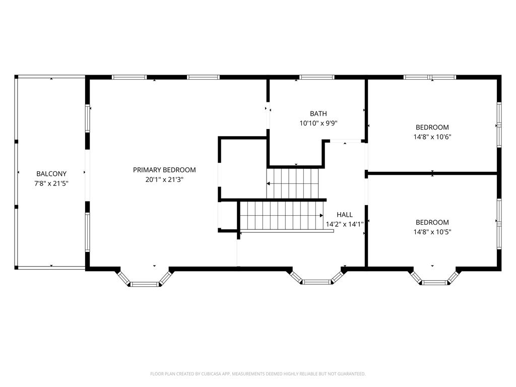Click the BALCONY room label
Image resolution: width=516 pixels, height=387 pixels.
pyautogui.click(x=51, y=174)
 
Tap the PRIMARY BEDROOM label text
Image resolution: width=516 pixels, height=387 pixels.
pyautogui.click(x=164, y=170)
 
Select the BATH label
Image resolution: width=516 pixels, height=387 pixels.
pyautogui.click(x=318, y=113)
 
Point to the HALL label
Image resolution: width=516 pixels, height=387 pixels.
pyautogui.click(x=345, y=215)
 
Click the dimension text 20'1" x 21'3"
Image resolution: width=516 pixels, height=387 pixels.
pyautogui.click(x=164, y=180)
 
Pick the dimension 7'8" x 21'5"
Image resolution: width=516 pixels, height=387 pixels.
pyautogui.click(x=51, y=183)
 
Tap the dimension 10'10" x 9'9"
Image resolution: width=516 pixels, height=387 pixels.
pyautogui.click(x=318, y=123)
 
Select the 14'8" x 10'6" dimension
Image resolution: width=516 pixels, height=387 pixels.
pyautogui.click(x=432, y=137)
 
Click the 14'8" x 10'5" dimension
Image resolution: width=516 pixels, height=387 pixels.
pyautogui.click(x=432, y=232)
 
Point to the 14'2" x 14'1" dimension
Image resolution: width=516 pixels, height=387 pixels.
pyautogui.click(x=345, y=224)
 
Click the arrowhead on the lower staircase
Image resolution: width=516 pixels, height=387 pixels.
pyautogui.click(x=321, y=216)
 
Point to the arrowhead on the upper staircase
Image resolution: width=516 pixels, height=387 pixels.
pyautogui.click(x=269, y=183)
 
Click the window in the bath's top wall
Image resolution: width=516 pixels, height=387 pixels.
pyautogui.click(x=316, y=77)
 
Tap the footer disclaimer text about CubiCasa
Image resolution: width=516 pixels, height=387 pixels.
pyautogui.click(x=257, y=374)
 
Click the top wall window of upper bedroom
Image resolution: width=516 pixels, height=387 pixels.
pyautogui.click(x=430, y=77)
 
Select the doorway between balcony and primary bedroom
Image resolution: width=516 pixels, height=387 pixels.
pyautogui.click(x=87, y=175)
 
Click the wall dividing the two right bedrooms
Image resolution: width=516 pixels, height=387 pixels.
pyautogui.click(x=432, y=173)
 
